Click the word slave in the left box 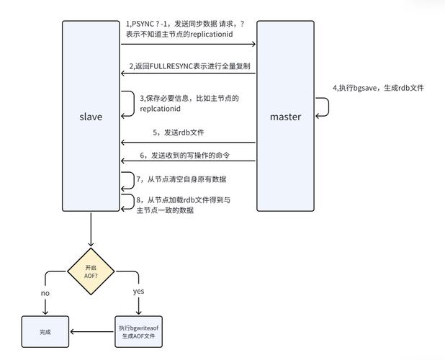point(90,117)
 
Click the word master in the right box point(285,117)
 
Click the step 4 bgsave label point(377,88)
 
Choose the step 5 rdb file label point(174,132)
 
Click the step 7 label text point(185,179)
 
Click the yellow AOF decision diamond point(91,271)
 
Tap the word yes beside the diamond point(139,292)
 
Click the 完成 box point(46,332)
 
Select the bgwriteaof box point(139,332)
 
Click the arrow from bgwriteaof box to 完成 point(93,332)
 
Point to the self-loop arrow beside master point(325,107)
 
